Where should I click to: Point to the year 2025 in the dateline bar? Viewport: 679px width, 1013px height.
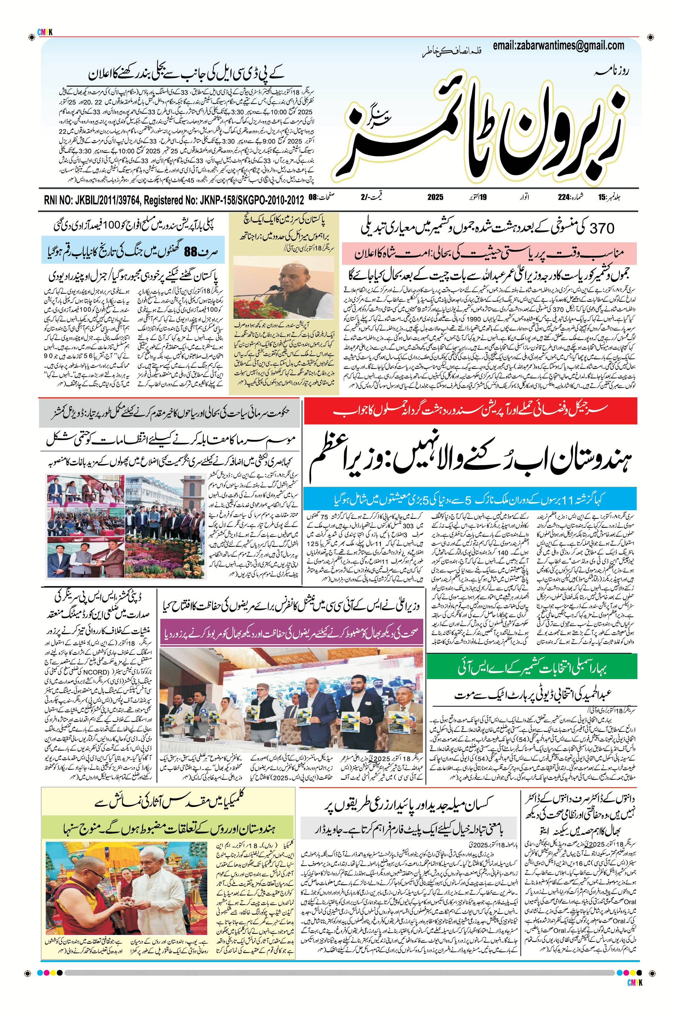[x=435, y=197]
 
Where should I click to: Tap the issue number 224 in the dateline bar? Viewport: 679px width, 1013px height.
[x=563, y=197]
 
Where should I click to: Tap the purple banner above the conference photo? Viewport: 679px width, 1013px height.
[x=291, y=633]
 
